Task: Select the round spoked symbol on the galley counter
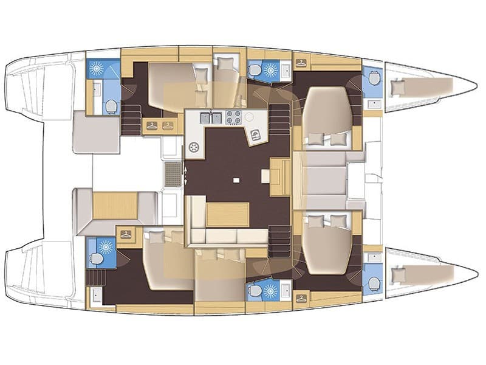(194, 147)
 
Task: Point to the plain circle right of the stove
(248, 117)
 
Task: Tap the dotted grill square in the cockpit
(173, 175)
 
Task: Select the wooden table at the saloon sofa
(228, 215)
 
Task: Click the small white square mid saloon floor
(236, 180)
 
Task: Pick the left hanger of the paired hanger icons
(151, 126)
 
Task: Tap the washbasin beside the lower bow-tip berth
(373, 258)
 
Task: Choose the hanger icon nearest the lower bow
(300, 297)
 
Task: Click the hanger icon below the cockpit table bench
(126, 234)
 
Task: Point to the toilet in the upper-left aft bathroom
(111, 107)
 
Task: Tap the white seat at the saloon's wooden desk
(266, 176)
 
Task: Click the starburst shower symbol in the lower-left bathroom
(106, 246)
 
